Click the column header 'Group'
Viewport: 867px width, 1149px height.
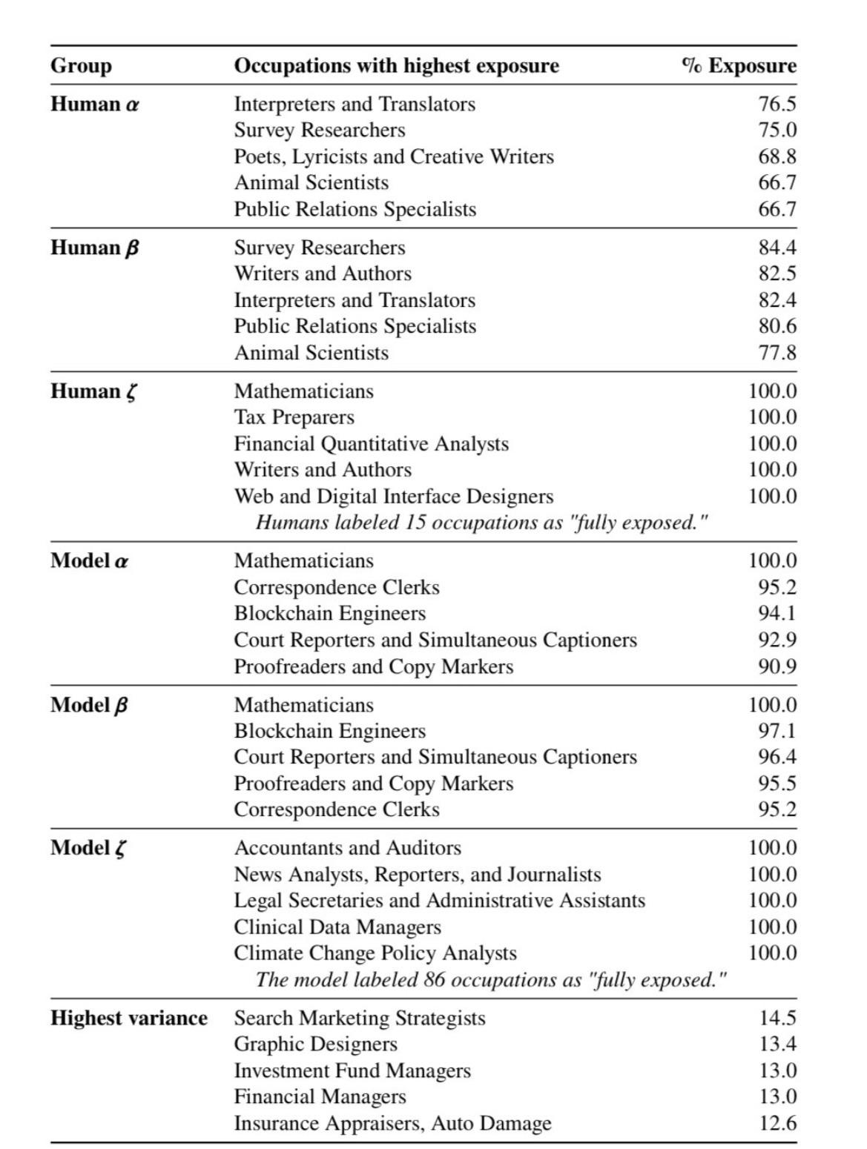click(81, 66)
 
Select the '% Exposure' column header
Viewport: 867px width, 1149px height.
click(739, 66)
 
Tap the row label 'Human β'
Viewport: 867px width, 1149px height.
click(94, 248)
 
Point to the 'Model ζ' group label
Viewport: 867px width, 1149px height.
click(88, 848)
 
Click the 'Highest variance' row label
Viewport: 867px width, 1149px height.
click(129, 1019)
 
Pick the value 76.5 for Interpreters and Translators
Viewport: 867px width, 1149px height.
click(777, 105)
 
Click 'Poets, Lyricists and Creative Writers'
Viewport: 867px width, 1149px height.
click(394, 157)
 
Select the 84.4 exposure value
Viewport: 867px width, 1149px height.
click(777, 248)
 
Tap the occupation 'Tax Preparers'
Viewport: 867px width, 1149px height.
click(294, 417)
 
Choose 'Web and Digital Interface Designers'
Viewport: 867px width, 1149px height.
click(394, 497)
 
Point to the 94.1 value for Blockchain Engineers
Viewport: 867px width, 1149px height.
click(777, 614)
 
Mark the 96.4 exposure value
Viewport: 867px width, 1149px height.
click(777, 757)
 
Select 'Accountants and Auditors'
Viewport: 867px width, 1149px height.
click(347, 848)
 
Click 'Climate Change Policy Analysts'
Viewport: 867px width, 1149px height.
click(375, 953)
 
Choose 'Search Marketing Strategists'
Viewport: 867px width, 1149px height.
click(360, 1019)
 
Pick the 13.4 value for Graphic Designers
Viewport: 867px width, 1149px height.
click(777, 1044)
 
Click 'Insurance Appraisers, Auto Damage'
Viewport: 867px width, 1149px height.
click(392, 1124)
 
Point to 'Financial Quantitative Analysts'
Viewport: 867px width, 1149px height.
click(371, 444)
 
